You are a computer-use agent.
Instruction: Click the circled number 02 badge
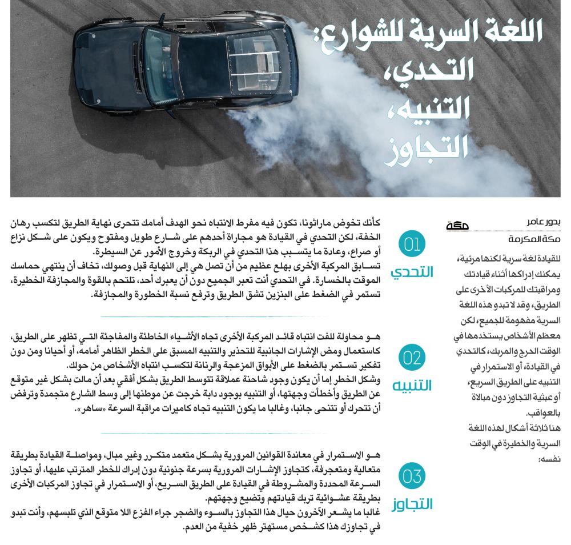coord(411,358)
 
